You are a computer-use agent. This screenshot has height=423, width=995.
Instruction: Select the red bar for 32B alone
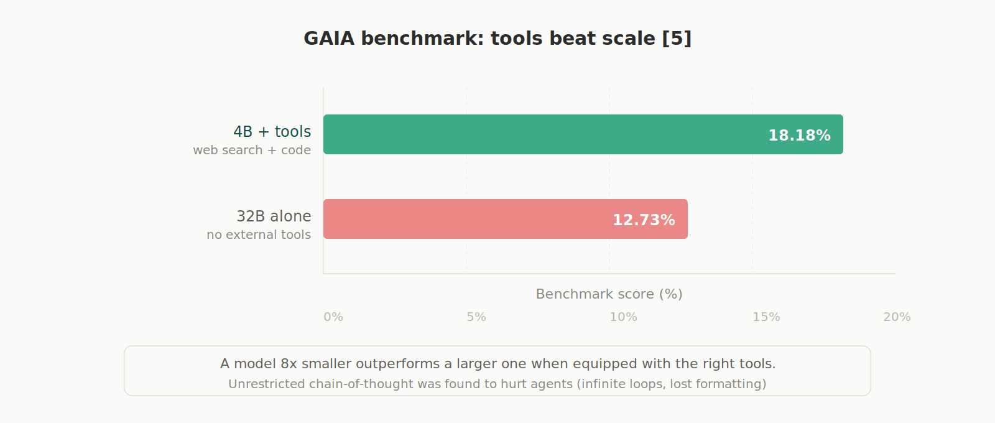point(473,219)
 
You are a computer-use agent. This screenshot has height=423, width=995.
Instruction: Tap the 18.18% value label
point(799,136)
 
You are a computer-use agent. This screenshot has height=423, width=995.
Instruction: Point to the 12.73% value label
point(644,220)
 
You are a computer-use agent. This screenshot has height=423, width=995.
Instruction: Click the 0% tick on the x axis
point(333,317)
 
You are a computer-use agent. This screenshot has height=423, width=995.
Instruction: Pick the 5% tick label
point(476,317)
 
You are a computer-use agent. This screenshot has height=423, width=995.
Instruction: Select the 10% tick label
point(623,317)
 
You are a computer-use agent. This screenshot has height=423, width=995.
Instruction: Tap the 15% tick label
point(766,317)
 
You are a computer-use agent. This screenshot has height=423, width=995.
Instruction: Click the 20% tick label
point(897,317)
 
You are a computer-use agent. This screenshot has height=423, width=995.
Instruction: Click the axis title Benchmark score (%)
point(609,294)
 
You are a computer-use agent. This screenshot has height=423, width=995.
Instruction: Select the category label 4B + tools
point(272,132)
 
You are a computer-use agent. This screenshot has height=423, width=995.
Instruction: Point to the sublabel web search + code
point(252,151)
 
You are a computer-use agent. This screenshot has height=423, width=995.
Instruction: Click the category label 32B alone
point(274,216)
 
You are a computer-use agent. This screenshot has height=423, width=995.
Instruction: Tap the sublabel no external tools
point(259,235)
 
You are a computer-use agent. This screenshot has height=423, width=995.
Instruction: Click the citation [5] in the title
point(677,39)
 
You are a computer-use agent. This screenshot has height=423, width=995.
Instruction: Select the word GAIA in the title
point(329,39)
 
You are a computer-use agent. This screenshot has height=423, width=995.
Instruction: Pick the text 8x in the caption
point(289,364)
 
